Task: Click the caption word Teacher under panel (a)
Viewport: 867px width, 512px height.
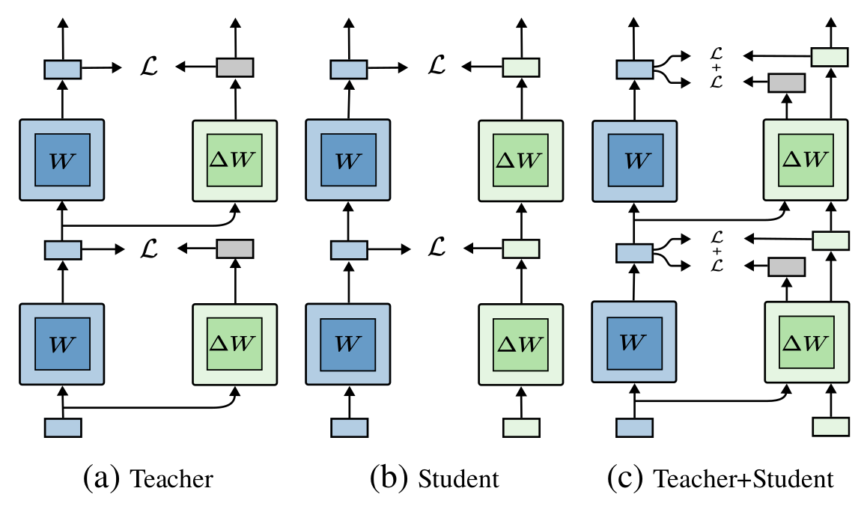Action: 172,478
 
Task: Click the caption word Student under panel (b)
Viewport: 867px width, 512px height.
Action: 458,478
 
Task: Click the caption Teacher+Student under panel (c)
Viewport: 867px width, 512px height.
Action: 743,478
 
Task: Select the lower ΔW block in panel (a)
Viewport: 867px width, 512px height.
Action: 236,344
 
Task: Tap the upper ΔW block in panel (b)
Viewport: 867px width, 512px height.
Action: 522,160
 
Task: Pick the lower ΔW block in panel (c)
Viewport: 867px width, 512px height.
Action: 806,344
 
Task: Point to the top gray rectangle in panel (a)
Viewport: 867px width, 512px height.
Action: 235,67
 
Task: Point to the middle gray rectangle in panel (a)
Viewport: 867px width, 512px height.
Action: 235,248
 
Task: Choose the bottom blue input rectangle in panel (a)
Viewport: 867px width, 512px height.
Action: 63,427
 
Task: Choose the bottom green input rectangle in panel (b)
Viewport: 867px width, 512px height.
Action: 521,427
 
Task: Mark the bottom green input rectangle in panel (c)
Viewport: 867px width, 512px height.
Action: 830,427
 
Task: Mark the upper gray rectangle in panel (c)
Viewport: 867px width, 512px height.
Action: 786,82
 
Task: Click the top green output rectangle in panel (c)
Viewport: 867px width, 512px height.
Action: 830,56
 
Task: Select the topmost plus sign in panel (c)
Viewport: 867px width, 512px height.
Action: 718,67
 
